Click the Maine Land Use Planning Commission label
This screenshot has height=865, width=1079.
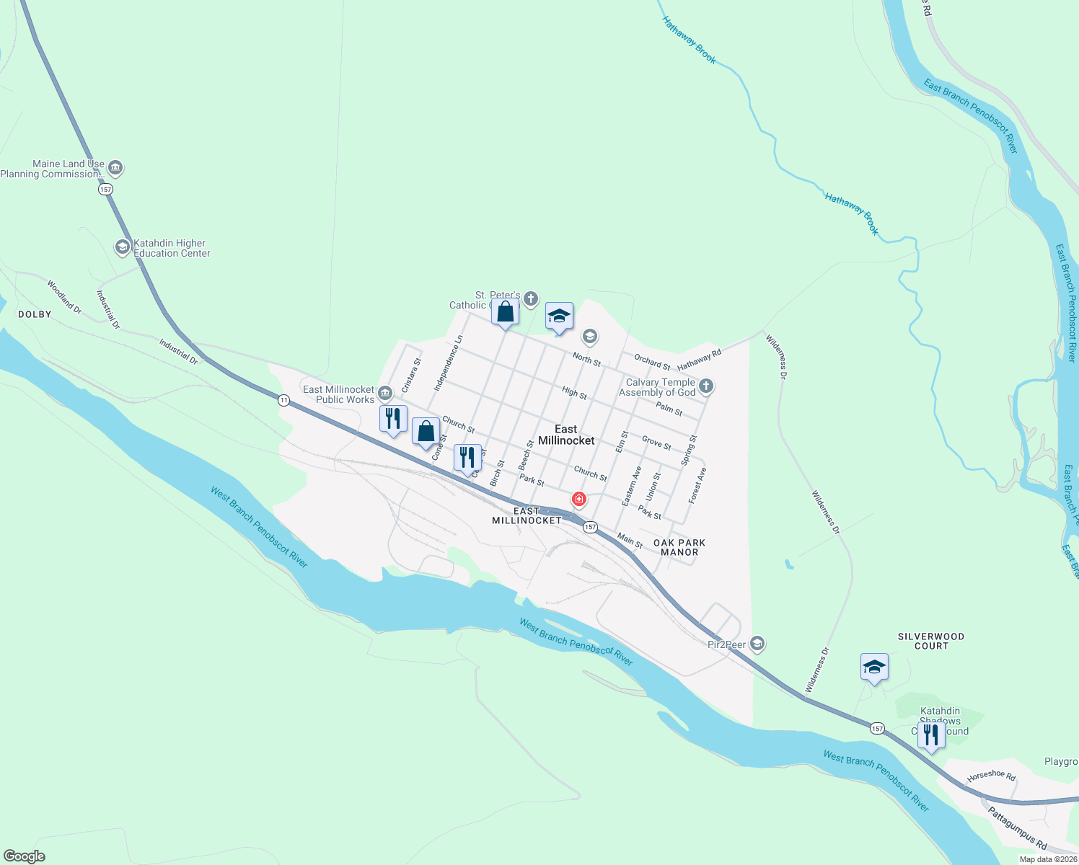53,169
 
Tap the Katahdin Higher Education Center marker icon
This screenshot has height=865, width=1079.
123,247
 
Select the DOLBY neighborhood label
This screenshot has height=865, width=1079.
35,314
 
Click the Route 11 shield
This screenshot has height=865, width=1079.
284,400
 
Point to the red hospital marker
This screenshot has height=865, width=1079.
578,499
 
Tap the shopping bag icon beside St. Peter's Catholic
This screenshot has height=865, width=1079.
506,313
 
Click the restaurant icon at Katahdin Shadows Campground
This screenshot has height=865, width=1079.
931,735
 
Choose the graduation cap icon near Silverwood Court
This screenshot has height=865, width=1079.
874,667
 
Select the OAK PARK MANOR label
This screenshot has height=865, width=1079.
679,547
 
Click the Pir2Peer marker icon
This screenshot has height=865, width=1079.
757,642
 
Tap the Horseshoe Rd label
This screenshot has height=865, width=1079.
991,776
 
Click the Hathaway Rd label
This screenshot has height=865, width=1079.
699,360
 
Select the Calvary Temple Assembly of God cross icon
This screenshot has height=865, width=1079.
706,386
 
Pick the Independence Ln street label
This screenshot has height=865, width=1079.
448,363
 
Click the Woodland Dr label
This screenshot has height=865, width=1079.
64,297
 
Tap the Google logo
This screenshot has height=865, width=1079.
25,856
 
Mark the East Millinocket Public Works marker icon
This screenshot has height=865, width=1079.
385,393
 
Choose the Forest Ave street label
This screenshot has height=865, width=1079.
697,485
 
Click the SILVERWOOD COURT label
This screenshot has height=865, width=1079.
930,641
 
